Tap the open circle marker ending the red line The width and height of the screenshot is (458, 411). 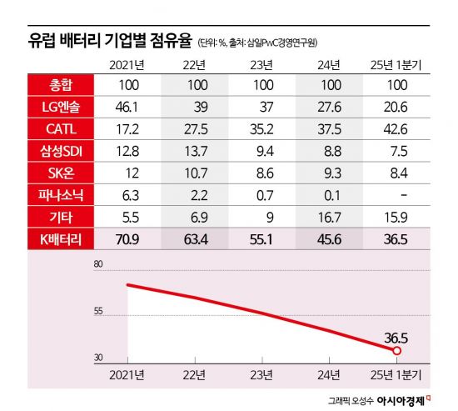396,349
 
